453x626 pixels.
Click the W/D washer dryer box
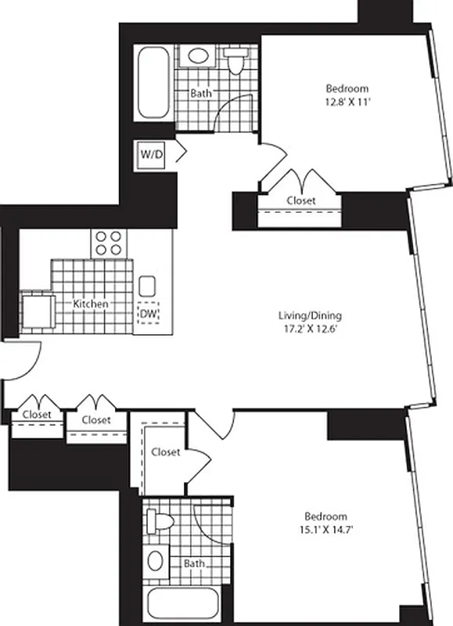click(x=152, y=154)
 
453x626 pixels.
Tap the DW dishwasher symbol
click(x=147, y=315)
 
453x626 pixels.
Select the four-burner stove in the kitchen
click(x=109, y=243)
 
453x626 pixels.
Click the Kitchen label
click(x=91, y=303)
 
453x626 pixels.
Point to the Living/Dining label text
click(x=310, y=316)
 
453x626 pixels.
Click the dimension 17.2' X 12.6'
click(x=310, y=329)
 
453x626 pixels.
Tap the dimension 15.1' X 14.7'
click(x=325, y=529)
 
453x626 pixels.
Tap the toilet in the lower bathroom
click(x=157, y=521)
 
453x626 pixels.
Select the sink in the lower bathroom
click(x=156, y=560)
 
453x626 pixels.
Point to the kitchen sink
click(x=147, y=284)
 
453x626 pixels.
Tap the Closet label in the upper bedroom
click(x=301, y=200)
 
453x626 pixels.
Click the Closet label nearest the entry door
click(x=37, y=414)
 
